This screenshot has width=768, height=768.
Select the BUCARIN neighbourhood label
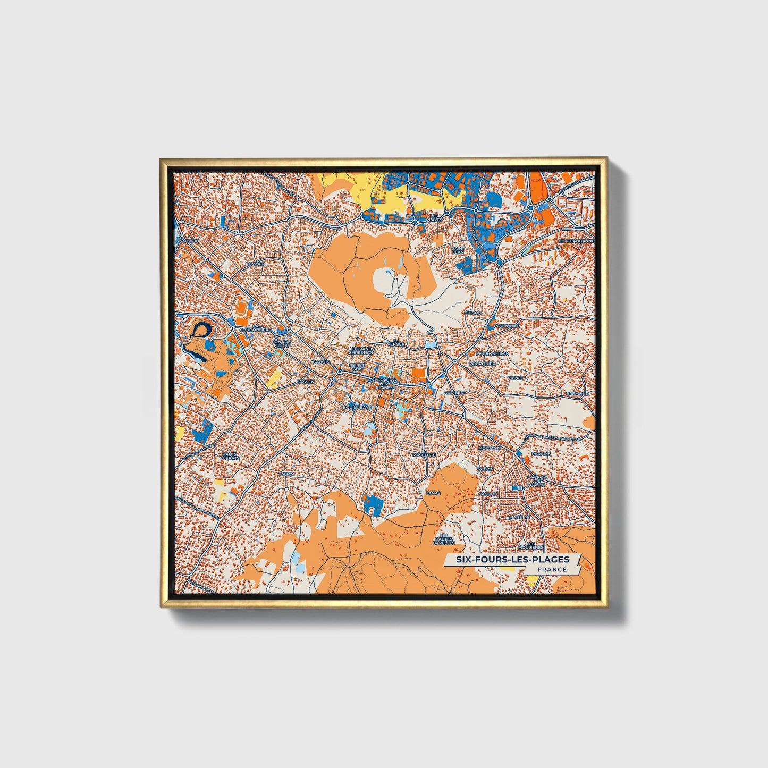point(255,264)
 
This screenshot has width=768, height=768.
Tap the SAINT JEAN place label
point(458,250)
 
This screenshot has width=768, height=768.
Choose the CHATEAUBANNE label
point(576,241)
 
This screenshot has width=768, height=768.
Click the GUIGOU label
point(472,313)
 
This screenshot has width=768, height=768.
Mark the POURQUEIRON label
point(492,353)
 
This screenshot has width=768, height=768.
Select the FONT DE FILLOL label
point(281,343)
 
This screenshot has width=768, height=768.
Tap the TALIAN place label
point(286,474)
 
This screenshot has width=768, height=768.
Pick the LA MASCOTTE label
point(424,453)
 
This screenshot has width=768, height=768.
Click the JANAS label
point(433,493)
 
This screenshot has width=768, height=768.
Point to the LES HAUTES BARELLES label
point(443,539)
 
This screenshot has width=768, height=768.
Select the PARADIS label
point(541,454)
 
